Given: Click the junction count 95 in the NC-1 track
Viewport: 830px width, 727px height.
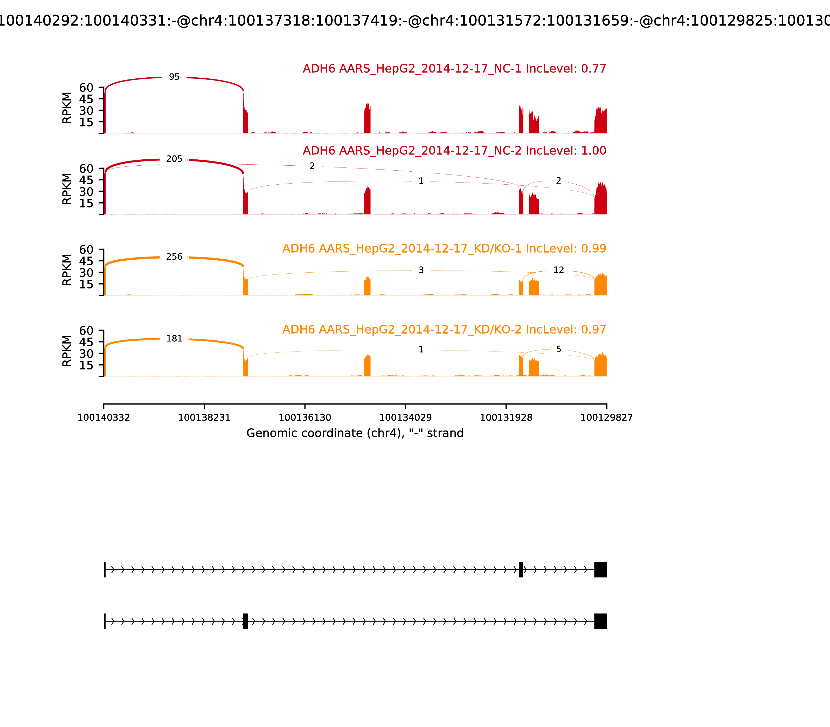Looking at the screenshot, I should tap(174, 77).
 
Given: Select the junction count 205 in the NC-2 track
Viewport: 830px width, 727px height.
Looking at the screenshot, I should tap(174, 159).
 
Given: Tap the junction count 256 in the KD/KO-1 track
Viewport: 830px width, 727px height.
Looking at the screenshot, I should tap(174, 257).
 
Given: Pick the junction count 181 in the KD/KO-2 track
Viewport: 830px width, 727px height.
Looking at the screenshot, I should tap(174, 339).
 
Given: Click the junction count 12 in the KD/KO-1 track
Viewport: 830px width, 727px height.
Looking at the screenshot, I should tap(558, 270).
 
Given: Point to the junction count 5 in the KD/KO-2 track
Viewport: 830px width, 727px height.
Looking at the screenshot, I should tap(558, 349).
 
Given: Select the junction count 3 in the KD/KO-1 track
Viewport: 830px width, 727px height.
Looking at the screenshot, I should tap(421, 270).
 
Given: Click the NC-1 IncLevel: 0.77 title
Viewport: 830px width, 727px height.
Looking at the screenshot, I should tap(454, 69).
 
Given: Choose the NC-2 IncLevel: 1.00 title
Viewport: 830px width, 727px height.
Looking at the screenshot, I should tap(454, 151).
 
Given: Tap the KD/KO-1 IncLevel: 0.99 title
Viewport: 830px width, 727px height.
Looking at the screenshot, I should tap(444, 249).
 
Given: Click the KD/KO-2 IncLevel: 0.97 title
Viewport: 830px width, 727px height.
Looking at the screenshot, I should tap(444, 329).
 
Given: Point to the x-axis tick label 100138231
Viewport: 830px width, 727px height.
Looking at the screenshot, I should tap(204, 418).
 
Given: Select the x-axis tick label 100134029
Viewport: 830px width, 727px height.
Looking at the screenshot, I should tap(405, 418).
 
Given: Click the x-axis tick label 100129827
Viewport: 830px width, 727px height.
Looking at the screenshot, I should tap(606, 418).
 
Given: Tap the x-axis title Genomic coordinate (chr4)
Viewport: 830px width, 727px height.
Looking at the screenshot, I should tap(355, 433).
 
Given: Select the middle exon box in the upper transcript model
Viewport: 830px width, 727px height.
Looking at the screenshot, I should tap(521, 570).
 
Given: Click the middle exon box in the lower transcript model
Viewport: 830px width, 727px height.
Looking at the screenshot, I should tap(245, 621).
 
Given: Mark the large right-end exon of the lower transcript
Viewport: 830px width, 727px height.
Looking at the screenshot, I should tap(600, 621).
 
